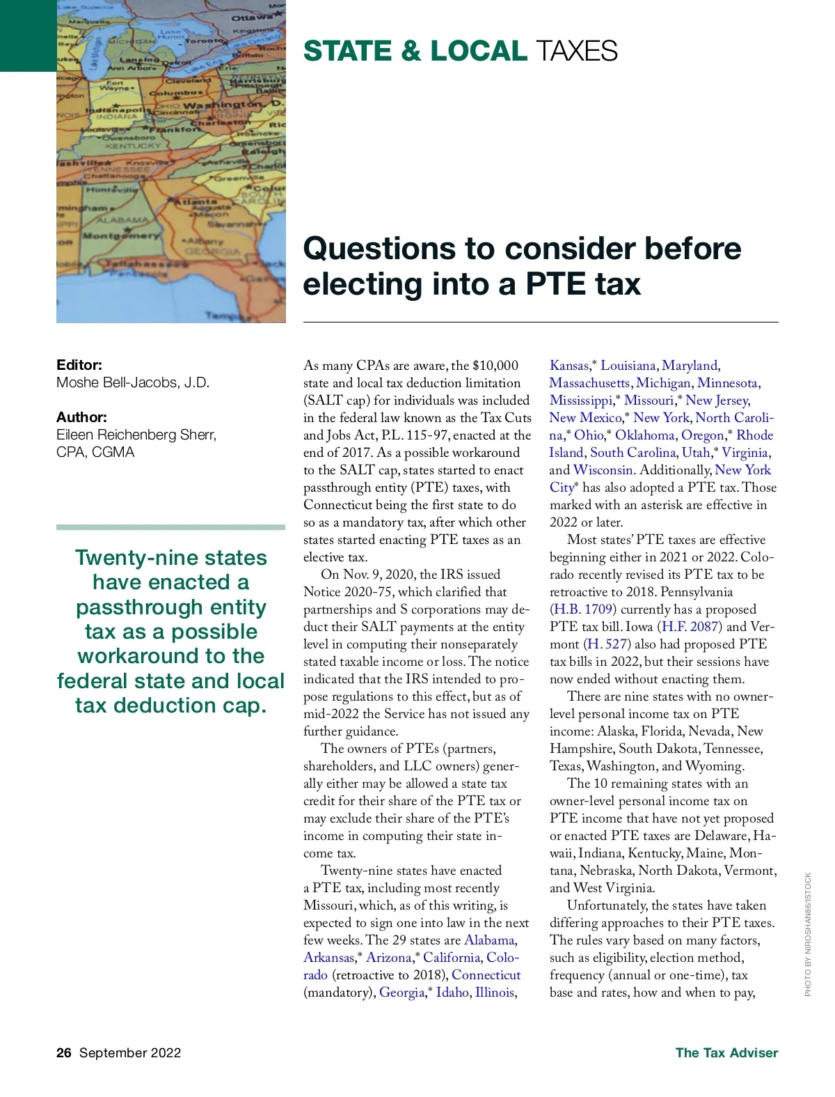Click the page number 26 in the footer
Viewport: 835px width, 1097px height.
(64, 1052)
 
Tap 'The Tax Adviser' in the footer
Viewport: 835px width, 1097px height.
(726, 1052)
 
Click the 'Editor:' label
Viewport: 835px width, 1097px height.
(79, 365)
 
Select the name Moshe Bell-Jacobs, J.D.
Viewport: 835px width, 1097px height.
(133, 382)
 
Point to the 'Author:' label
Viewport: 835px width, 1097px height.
(81, 417)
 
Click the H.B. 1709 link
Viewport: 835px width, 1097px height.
(583, 609)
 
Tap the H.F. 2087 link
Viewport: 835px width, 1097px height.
(690, 627)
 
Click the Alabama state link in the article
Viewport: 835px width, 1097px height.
(489, 940)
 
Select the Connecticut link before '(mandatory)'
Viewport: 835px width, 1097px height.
(486, 975)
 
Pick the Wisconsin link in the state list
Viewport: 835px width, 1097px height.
(603, 470)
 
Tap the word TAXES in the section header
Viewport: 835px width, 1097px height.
(577, 52)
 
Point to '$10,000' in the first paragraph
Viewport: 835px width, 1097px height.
(495, 366)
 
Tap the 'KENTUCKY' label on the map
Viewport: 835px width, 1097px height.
(133, 146)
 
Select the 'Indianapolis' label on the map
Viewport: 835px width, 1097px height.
(118, 110)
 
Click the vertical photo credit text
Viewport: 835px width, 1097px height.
(808, 934)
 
